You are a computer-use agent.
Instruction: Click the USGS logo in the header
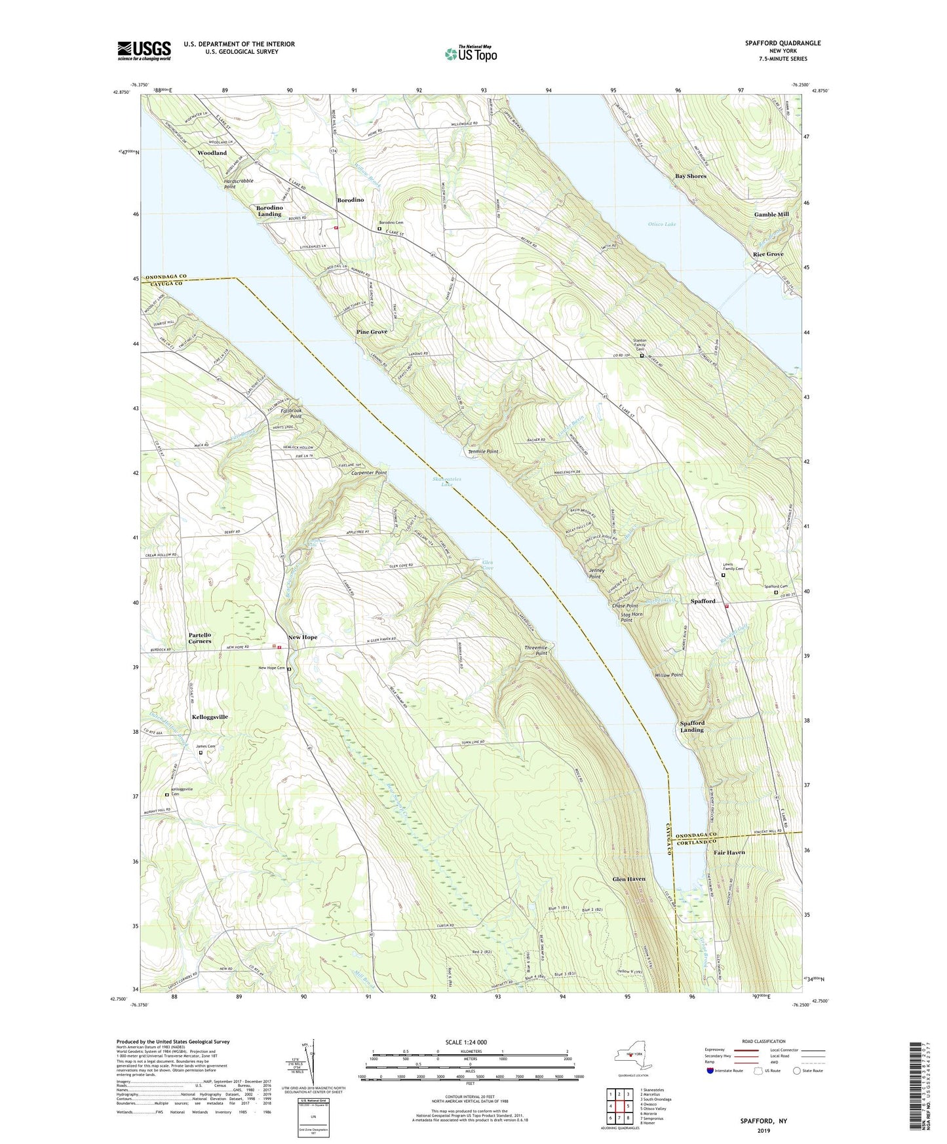pos(144,50)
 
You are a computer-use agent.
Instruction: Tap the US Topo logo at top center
pos(471,54)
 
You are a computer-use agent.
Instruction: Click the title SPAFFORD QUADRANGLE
pos(783,43)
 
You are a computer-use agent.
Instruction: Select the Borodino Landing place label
pos(269,210)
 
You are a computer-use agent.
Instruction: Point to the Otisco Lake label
pos(662,224)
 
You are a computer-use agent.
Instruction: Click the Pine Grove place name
pos(372,332)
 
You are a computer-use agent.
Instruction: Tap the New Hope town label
pos(302,638)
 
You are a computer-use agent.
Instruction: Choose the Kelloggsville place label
pos(210,717)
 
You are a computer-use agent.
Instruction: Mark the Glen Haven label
pos(628,879)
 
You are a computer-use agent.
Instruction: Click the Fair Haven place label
pos(729,853)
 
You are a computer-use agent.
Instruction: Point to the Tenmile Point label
pos(484,451)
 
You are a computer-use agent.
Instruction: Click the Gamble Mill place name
pos(771,214)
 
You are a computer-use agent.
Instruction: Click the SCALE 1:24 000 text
pos(466,1042)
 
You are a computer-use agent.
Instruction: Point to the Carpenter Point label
pos(369,472)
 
